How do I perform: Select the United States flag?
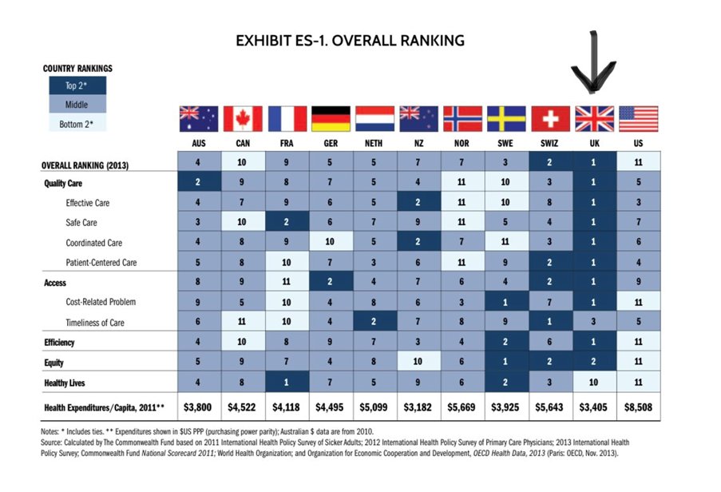pos(638,118)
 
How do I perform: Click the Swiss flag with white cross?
pos(550,118)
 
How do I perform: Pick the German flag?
pos(331,118)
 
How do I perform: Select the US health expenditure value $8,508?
pos(638,407)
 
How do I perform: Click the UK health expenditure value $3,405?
pos(594,407)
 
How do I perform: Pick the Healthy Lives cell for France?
pos(287,383)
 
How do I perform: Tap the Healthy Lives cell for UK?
pos(594,383)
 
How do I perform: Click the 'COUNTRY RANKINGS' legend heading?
pos(77,69)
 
